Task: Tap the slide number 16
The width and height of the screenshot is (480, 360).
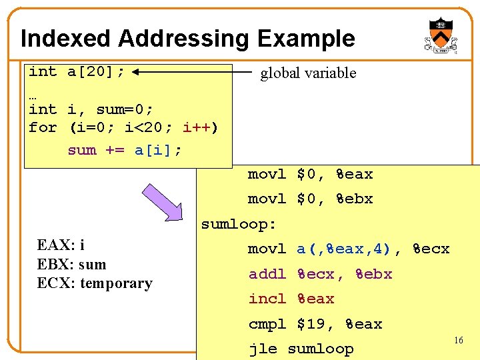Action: pos(458,341)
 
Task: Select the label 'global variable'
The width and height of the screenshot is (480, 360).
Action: pos(308,73)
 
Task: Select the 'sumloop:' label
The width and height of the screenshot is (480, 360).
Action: pos(239,224)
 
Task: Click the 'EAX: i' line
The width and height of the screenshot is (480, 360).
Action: pos(61,245)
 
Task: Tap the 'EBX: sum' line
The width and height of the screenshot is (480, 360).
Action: pos(71,264)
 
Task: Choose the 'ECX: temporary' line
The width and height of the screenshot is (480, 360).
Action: pos(95,283)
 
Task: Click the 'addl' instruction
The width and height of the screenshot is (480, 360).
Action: pos(267,274)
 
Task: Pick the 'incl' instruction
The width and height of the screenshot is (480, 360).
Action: pos(267,299)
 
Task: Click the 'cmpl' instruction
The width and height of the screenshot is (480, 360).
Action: pos(267,325)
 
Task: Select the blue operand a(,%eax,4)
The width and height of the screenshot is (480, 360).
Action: pos(344,249)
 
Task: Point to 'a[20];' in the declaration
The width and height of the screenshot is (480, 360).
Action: pos(96,71)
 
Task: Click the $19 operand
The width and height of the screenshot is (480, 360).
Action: pos(311,325)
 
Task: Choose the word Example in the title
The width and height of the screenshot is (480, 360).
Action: pos(306,39)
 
